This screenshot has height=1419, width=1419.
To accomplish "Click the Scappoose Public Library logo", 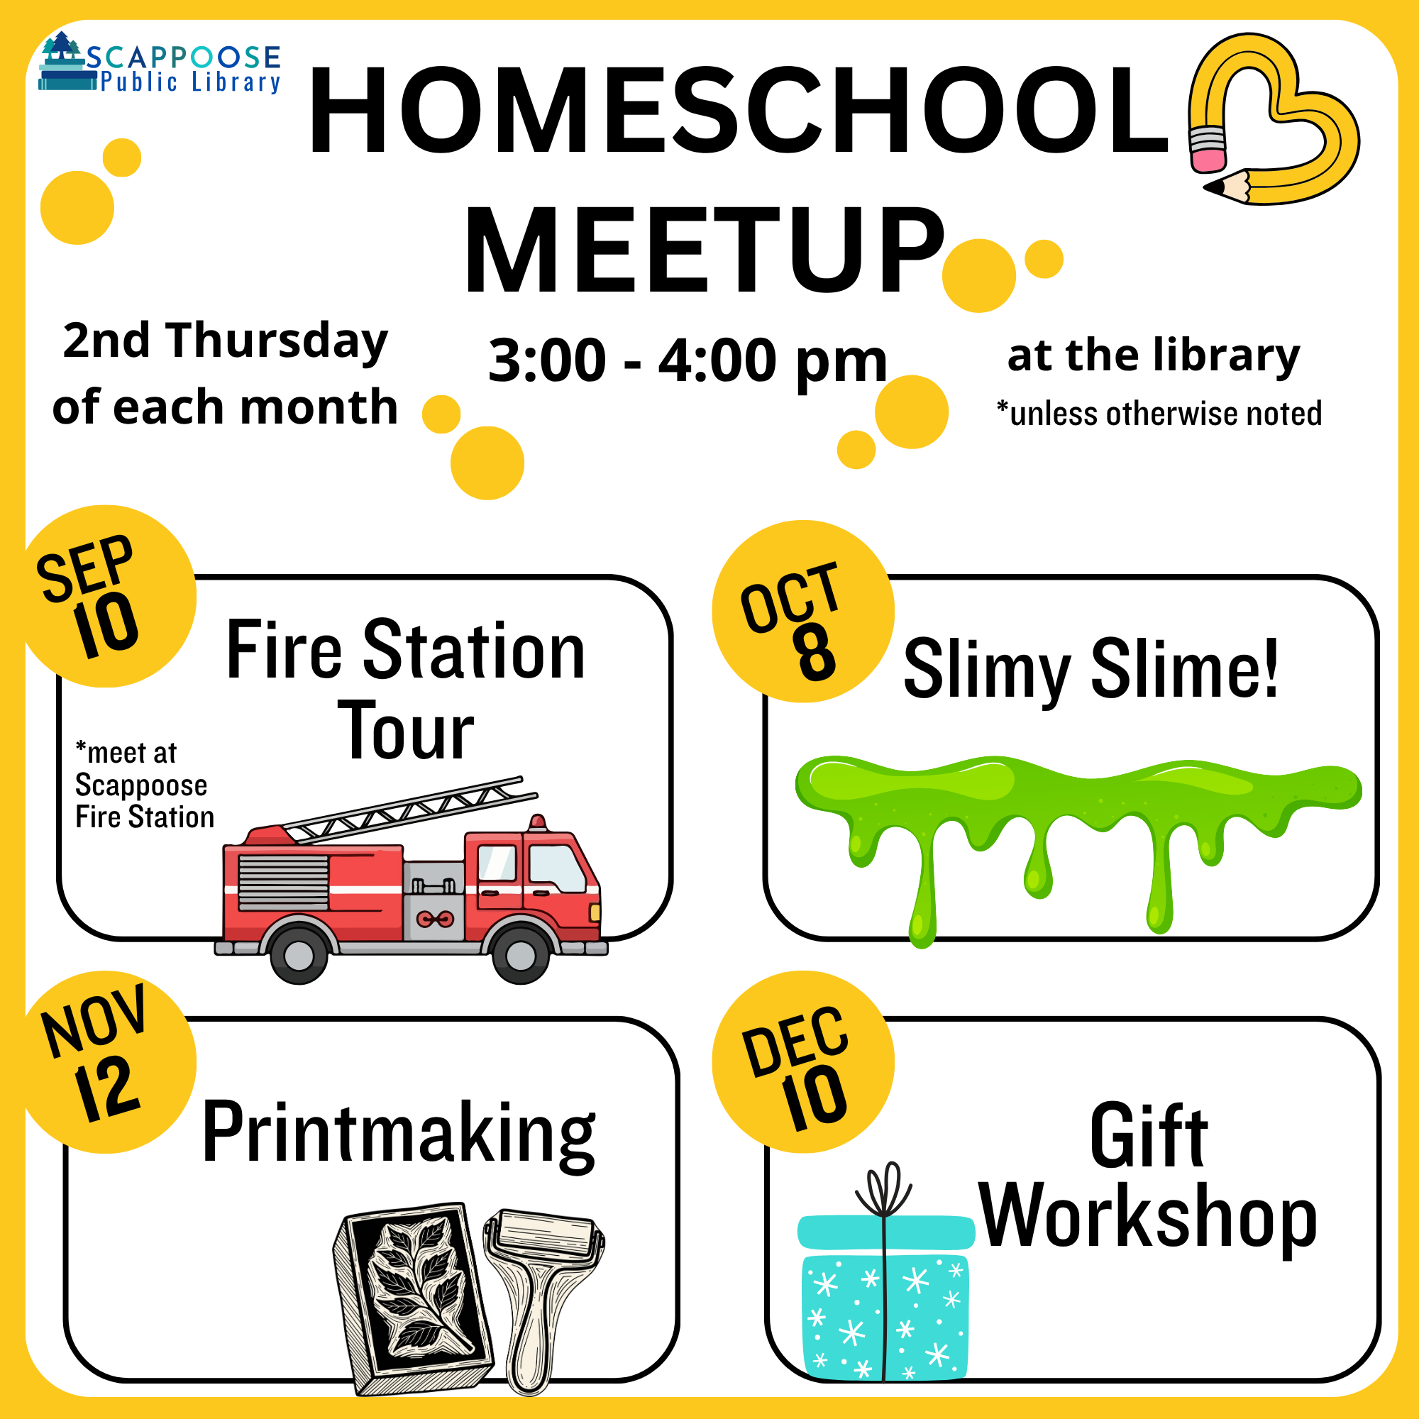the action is pos(160,65).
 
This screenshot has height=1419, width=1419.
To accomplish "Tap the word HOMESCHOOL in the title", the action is pos(738,110).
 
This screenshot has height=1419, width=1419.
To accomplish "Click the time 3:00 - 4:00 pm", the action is pos(688,361).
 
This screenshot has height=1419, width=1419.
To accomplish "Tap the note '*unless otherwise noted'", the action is pos(1159,414).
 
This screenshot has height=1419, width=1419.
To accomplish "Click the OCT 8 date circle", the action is pos(802,611).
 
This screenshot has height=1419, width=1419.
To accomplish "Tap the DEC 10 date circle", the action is pos(802,1062).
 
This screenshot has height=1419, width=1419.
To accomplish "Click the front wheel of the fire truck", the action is pos(521,954).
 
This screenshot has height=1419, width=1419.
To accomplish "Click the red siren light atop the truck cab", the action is pos(538,822).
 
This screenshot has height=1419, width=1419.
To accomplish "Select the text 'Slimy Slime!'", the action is pos(1091,668).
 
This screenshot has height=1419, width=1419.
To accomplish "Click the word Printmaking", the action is pos(399,1133).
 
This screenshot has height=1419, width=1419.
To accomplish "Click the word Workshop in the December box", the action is pos(1148,1218).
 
